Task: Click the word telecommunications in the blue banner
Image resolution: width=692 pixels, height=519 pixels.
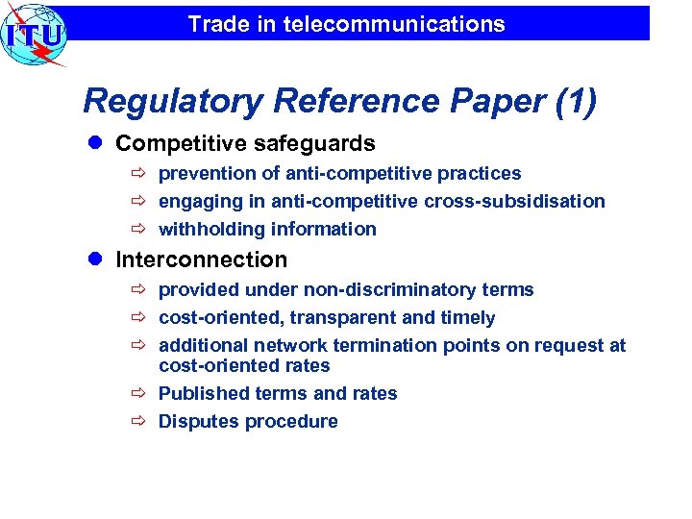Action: click(394, 24)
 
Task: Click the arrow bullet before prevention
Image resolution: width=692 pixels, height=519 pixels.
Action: click(137, 174)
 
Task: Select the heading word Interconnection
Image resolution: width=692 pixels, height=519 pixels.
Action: click(201, 259)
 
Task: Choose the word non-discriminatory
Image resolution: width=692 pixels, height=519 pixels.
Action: click(388, 289)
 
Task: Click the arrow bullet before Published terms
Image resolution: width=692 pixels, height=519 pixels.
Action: click(137, 394)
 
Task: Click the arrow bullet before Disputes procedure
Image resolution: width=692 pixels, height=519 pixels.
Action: click(137, 422)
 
